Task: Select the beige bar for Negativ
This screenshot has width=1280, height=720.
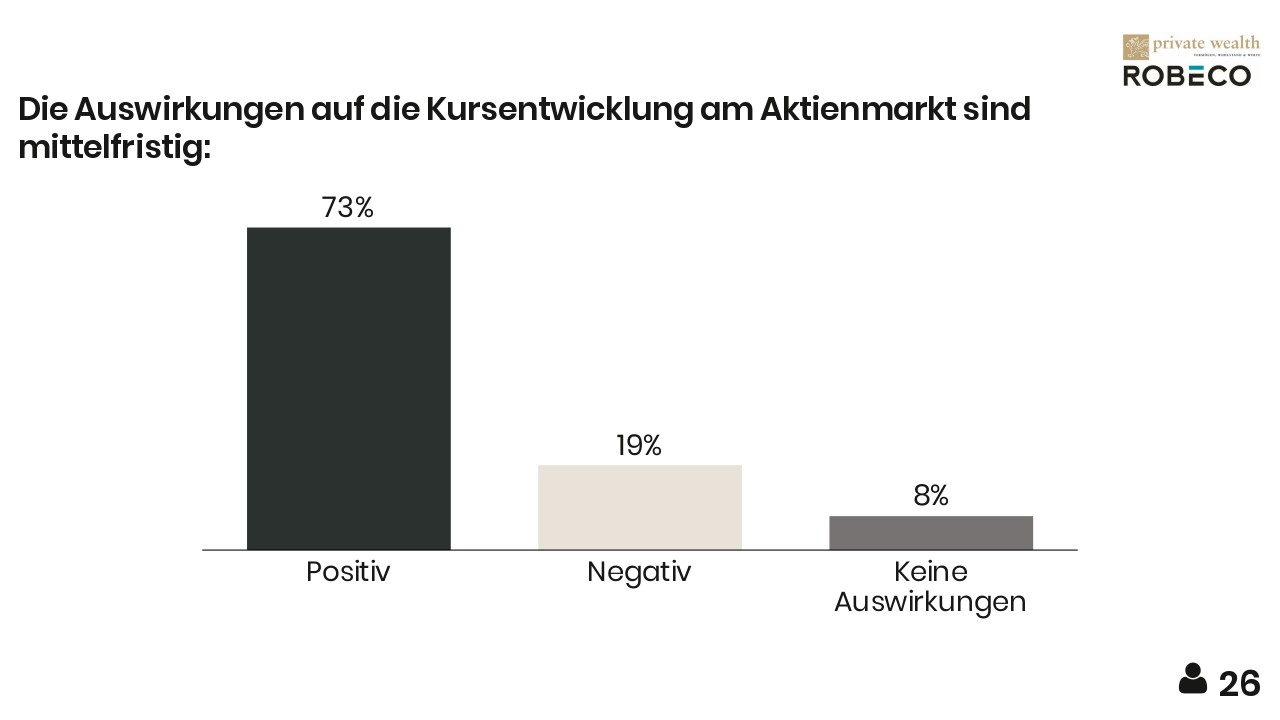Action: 640,507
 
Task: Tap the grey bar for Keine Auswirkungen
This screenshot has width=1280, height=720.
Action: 931,532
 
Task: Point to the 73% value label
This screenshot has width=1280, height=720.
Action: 347,208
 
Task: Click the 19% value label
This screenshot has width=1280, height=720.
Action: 639,446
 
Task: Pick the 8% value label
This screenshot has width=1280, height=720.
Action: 930,496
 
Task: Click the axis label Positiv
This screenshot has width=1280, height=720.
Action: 347,572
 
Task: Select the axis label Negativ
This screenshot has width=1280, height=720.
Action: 639,572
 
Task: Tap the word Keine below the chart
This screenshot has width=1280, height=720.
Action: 930,572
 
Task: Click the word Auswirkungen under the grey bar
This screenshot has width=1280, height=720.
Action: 930,602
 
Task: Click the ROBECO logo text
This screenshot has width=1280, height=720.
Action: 1186,76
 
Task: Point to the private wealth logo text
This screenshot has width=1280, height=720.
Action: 1206,43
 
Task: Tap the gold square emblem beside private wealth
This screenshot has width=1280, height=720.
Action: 1135,47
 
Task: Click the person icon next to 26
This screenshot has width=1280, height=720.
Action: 1193,679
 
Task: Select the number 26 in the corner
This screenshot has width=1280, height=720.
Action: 1240,684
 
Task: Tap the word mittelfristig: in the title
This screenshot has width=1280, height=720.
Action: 115,147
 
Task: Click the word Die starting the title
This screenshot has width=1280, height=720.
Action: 42,109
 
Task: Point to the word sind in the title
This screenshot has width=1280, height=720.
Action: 996,109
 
